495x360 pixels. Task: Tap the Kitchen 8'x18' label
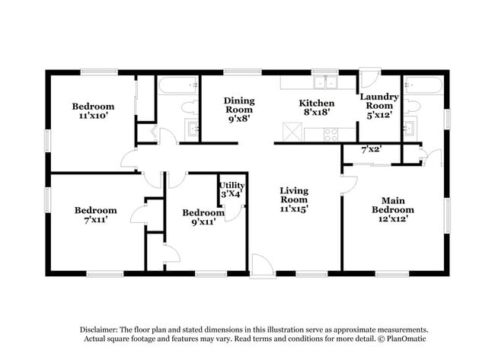coord(317,107)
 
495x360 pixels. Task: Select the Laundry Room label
coord(379,106)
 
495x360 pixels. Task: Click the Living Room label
coord(294,199)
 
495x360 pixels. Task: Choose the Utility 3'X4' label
coord(232,190)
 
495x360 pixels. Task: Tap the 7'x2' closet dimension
coord(372,149)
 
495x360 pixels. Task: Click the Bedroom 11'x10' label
coord(93,111)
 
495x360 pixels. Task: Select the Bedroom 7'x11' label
coord(96,215)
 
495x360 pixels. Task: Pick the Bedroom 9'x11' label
coord(203,217)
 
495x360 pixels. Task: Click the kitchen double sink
coord(325,83)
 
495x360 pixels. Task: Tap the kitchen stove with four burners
coord(331,135)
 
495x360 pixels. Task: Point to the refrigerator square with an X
coord(292,131)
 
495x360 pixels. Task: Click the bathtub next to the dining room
coord(178,85)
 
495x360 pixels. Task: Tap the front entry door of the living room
coord(262,266)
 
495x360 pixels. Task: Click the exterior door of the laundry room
coord(371,77)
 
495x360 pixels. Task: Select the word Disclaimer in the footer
coord(99,330)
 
